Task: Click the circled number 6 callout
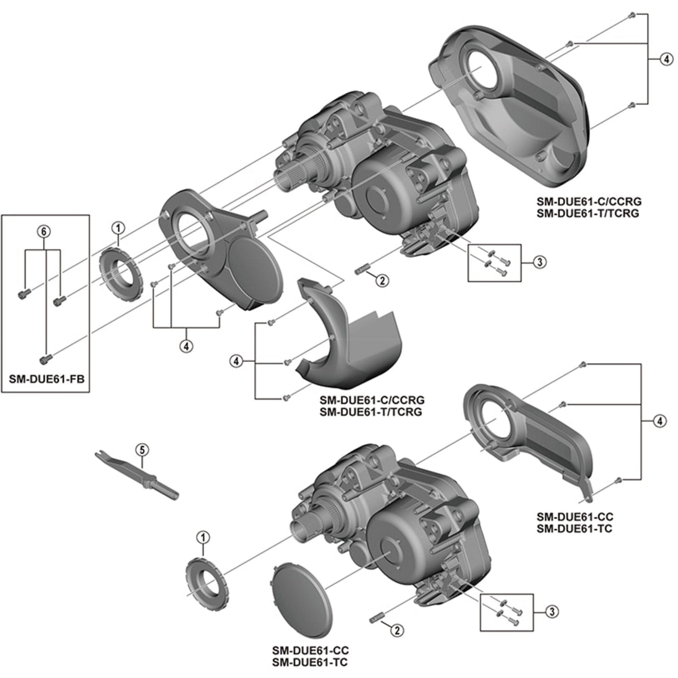[44, 231]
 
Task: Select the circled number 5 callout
[142, 450]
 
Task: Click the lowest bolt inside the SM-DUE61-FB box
[46, 359]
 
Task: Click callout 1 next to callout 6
[118, 228]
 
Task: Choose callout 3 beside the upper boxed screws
[539, 262]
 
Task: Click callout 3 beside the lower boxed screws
[552, 612]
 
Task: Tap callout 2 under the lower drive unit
[397, 631]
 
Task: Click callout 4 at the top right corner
[667, 59]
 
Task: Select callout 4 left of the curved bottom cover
[236, 361]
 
